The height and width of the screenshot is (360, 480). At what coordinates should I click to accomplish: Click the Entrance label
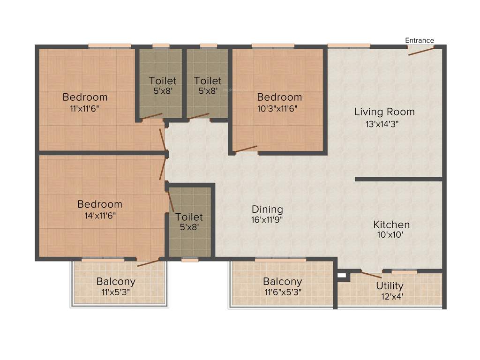point(420,40)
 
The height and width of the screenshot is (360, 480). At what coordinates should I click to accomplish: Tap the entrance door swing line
point(421,51)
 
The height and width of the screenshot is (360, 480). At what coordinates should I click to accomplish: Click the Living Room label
point(384,112)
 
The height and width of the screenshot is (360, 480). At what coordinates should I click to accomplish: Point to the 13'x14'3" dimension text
point(384,124)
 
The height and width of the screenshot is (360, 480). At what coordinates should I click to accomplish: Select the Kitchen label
point(391,225)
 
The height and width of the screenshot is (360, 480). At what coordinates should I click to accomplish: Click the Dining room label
point(267,209)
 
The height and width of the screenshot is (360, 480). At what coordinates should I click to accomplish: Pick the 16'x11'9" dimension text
point(267,219)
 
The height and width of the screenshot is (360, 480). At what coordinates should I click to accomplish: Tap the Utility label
point(390,286)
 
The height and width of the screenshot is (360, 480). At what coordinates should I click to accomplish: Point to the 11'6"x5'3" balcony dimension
point(282,292)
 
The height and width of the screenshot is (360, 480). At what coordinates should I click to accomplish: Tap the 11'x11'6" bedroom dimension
point(85,108)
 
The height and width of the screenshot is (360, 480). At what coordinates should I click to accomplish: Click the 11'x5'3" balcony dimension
point(116,292)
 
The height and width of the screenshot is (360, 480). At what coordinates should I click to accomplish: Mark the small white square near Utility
point(341,275)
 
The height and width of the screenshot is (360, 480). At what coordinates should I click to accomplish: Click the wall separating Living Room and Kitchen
point(398,179)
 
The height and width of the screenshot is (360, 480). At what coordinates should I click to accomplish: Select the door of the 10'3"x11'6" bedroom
point(246,149)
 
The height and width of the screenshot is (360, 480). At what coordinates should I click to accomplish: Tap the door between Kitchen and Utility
point(371,275)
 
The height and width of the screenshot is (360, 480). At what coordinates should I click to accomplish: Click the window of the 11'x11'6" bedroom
point(110,46)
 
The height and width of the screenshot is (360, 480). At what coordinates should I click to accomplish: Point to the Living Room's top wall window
point(349,46)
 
